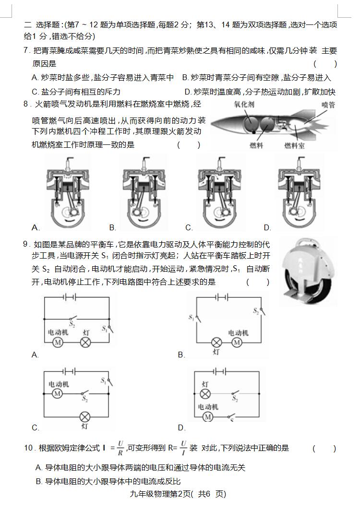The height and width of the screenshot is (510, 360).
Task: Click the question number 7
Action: tap(26, 50)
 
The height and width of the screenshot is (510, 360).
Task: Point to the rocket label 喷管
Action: tap(328, 104)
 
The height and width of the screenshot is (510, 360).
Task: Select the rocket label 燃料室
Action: tap(294, 145)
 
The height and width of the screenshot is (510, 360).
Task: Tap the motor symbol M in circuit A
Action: tap(58, 342)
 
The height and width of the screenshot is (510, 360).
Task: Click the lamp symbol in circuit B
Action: tap(216, 342)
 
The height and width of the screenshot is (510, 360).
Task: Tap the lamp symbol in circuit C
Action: tap(85, 416)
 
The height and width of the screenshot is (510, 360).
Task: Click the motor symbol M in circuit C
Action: tap(58, 393)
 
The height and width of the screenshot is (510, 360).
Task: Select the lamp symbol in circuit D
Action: tap(205, 393)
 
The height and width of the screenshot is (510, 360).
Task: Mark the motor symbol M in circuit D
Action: tap(207, 417)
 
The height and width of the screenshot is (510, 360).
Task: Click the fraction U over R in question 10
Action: tap(120, 448)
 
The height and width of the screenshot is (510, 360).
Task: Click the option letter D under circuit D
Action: tap(181, 427)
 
